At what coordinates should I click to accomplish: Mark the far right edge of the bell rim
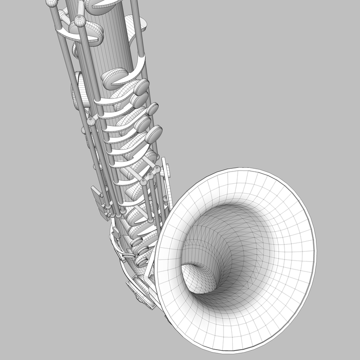315,245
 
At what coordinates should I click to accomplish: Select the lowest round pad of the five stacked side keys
155,134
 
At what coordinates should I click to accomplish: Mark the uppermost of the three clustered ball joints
157,170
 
